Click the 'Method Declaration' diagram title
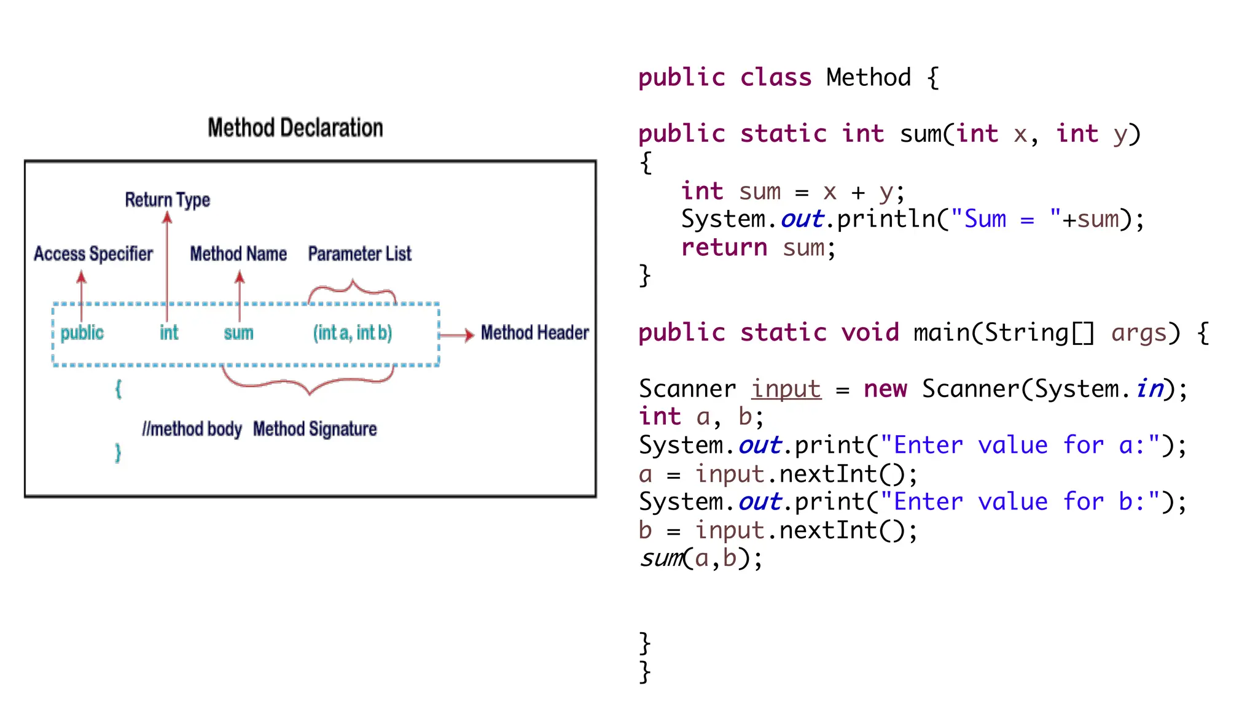[x=295, y=128]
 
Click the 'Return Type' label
[x=167, y=199]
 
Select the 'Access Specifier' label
[x=93, y=253]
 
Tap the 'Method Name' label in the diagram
[x=238, y=253]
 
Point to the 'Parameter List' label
[x=359, y=253]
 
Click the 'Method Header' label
[x=534, y=333]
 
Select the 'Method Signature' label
[x=314, y=429]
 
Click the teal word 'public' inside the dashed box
[x=82, y=333]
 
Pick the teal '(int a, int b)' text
[x=352, y=333]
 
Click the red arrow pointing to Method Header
[x=457, y=334]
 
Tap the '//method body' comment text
[x=192, y=429]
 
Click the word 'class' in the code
[x=776, y=78]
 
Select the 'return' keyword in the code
[x=724, y=248]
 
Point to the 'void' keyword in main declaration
[x=870, y=333]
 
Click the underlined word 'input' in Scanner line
[x=786, y=389]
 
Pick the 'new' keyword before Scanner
[x=885, y=389]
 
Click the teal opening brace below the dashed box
[x=119, y=388]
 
